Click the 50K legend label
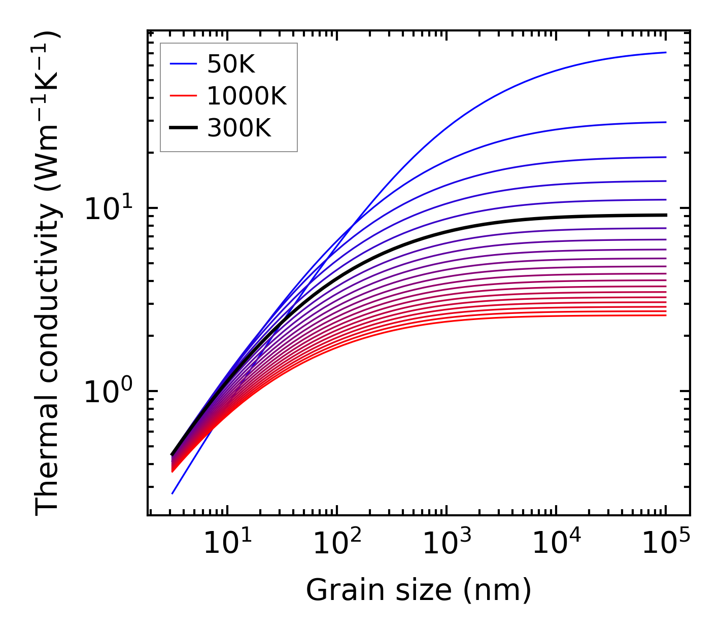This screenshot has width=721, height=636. [x=231, y=64]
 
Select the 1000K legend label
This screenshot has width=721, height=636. [x=247, y=96]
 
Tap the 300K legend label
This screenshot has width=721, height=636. [x=239, y=128]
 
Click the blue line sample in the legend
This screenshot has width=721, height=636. [x=183, y=64]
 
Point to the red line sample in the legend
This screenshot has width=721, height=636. [x=183, y=96]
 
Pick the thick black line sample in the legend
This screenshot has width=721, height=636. [x=183, y=128]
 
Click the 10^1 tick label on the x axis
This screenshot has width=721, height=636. [x=227, y=543]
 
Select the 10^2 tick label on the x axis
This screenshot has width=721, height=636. [x=336, y=543]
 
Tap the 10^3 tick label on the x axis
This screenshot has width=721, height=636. [x=446, y=543]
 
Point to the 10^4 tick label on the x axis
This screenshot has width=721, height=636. [x=556, y=543]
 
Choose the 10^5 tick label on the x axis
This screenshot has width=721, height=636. [x=665, y=543]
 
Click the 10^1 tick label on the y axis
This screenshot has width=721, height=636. [x=108, y=208]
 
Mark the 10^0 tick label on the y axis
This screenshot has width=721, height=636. [x=108, y=392]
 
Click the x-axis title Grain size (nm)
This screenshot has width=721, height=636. [x=419, y=590]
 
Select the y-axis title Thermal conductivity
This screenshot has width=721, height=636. [x=48, y=274]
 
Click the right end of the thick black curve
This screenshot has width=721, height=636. [x=665, y=215]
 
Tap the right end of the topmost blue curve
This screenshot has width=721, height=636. [x=665, y=52]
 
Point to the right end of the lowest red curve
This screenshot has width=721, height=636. [x=665, y=315]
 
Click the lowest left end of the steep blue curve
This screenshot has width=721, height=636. [x=173, y=493]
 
